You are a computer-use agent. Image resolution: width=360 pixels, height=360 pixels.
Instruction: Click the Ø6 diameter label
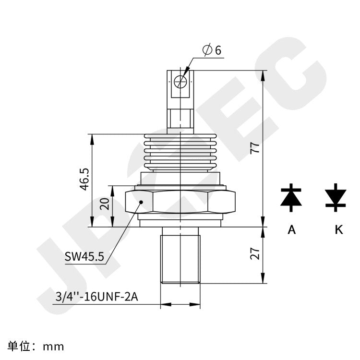212,49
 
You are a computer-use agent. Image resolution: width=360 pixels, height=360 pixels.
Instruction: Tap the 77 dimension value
256,148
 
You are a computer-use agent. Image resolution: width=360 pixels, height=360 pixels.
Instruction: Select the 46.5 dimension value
85,179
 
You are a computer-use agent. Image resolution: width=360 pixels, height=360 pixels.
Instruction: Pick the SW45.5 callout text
84,256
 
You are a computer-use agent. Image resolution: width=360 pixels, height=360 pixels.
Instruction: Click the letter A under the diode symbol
291,230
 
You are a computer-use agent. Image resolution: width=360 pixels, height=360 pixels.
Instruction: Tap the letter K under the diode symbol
339,230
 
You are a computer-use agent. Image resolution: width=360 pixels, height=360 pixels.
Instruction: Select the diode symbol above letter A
291,197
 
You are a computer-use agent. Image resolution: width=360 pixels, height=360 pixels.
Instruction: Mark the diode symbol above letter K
336,197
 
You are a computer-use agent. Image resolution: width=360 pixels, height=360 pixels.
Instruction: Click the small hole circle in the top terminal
180,82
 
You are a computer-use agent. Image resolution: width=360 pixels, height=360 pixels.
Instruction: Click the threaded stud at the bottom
180,255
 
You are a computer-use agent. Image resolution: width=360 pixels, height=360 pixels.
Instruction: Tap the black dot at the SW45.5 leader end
141,203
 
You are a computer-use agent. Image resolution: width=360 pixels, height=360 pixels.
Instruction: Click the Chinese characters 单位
19,346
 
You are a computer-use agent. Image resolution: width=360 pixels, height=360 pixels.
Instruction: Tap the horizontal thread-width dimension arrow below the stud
180,304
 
